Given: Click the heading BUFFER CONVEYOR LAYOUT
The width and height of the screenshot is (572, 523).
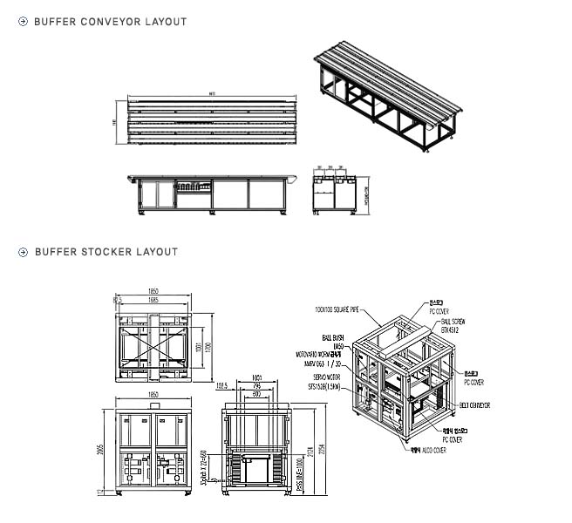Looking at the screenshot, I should point(110,22).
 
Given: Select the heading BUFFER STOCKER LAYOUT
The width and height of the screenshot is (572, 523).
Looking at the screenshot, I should point(106,252).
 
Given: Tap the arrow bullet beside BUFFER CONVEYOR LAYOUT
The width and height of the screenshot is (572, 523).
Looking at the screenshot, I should point(24,22).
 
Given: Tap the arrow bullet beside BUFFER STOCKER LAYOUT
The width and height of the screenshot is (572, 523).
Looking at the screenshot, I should point(24,252).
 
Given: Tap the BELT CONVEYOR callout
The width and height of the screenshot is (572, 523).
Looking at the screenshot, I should point(473,405).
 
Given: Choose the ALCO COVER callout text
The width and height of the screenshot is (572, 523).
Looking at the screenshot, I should point(429,452).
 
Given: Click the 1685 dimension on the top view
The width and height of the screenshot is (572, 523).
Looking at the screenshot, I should point(153,300).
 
